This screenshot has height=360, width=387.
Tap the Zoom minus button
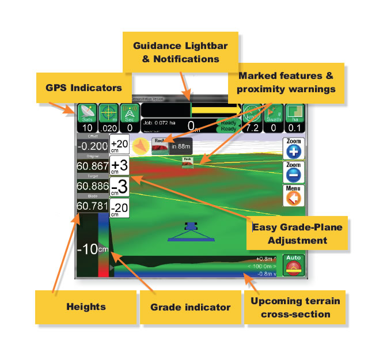[x=293, y=173]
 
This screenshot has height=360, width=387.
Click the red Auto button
[x=294, y=266]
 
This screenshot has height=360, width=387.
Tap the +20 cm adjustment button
[x=120, y=145]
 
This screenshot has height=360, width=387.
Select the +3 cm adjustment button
[x=120, y=166]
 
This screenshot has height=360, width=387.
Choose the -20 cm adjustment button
[x=120, y=207]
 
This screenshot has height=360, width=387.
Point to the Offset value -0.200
[x=92, y=146]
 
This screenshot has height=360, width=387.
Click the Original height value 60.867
[x=92, y=167]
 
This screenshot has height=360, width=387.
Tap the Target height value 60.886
[x=92, y=187]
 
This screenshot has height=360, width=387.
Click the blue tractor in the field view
[x=190, y=229]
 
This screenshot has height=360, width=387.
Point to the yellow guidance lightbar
[x=215, y=109]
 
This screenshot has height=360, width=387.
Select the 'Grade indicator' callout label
[x=191, y=307]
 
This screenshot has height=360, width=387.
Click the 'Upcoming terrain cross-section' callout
[x=300, y=308]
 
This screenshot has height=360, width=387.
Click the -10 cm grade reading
[x=92, y=249]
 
